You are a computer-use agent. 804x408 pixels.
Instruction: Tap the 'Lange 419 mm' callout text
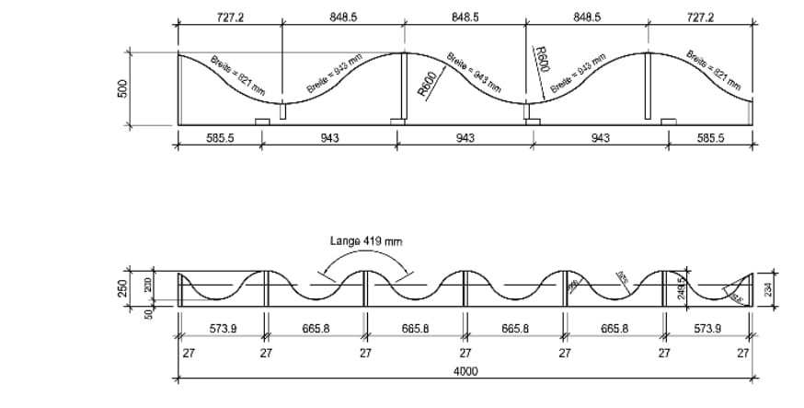tap(366, 241)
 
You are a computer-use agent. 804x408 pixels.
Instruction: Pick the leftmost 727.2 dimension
tap(229, 17)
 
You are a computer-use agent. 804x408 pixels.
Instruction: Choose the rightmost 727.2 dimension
tap(701, 17)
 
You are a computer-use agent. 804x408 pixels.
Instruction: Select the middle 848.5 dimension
tap(465, 17)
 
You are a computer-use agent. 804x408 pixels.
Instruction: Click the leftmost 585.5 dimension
tap(218, 138)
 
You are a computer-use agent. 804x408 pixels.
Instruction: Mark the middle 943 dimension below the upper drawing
tap(465, 138)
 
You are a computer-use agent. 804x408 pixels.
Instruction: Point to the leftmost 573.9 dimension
tap(220, 327)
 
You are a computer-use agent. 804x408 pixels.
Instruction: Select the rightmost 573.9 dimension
tap(708, 327)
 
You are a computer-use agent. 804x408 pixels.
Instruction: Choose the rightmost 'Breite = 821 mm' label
tap(714, 70)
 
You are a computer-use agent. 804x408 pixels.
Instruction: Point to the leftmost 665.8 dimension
tap(315, 327)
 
